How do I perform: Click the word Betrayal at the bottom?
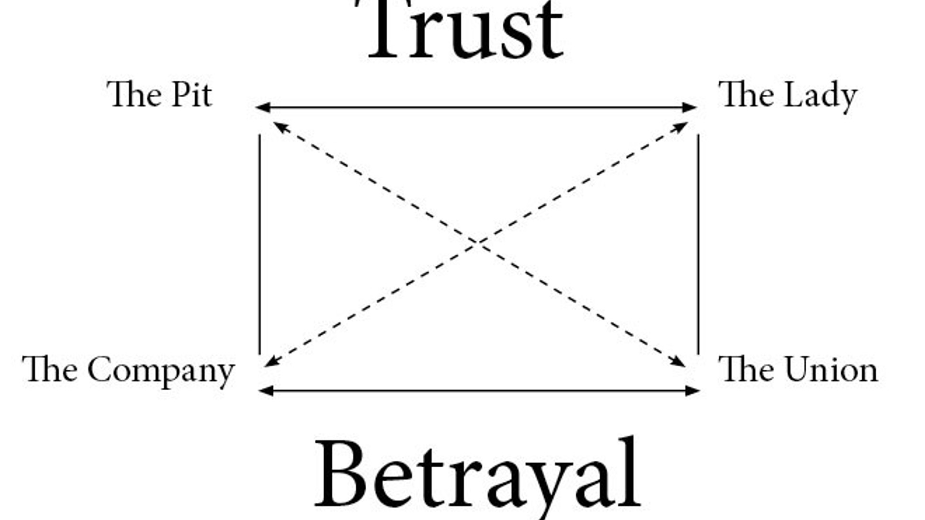pos(477,474)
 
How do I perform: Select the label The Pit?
pos(159,95)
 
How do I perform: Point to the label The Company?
pos(128,371)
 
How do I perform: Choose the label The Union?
pos(798,370)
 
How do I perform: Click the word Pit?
pos(192,95)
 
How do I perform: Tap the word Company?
pos(161,372)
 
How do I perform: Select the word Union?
pos(831,370)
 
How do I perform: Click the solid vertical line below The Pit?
pos(259,244)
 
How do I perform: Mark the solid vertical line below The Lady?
pos(698,244)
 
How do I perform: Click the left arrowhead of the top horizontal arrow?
pos(262,107)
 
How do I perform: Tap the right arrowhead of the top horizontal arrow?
pos(690,107)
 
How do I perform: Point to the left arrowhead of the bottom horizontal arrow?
pos(266,391)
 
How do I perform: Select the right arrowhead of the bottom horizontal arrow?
pos(693,391)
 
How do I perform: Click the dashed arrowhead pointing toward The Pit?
pos(280,126)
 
